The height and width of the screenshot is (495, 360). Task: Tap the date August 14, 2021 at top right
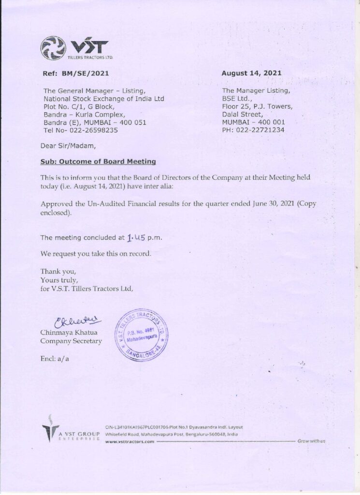click(x=251, y=73)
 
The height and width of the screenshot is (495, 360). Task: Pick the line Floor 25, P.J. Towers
click(x=257, y=106)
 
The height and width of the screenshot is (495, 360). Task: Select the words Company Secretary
click(x=71, y=341)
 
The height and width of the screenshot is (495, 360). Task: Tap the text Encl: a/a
click(x=55, y=358)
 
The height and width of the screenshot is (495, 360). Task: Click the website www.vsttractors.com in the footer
click(x=129, y=441)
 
